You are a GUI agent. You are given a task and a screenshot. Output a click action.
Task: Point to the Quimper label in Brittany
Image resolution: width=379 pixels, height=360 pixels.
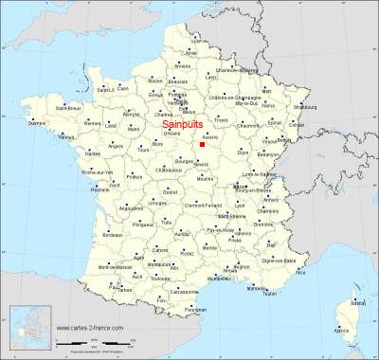(x=38, y=123)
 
